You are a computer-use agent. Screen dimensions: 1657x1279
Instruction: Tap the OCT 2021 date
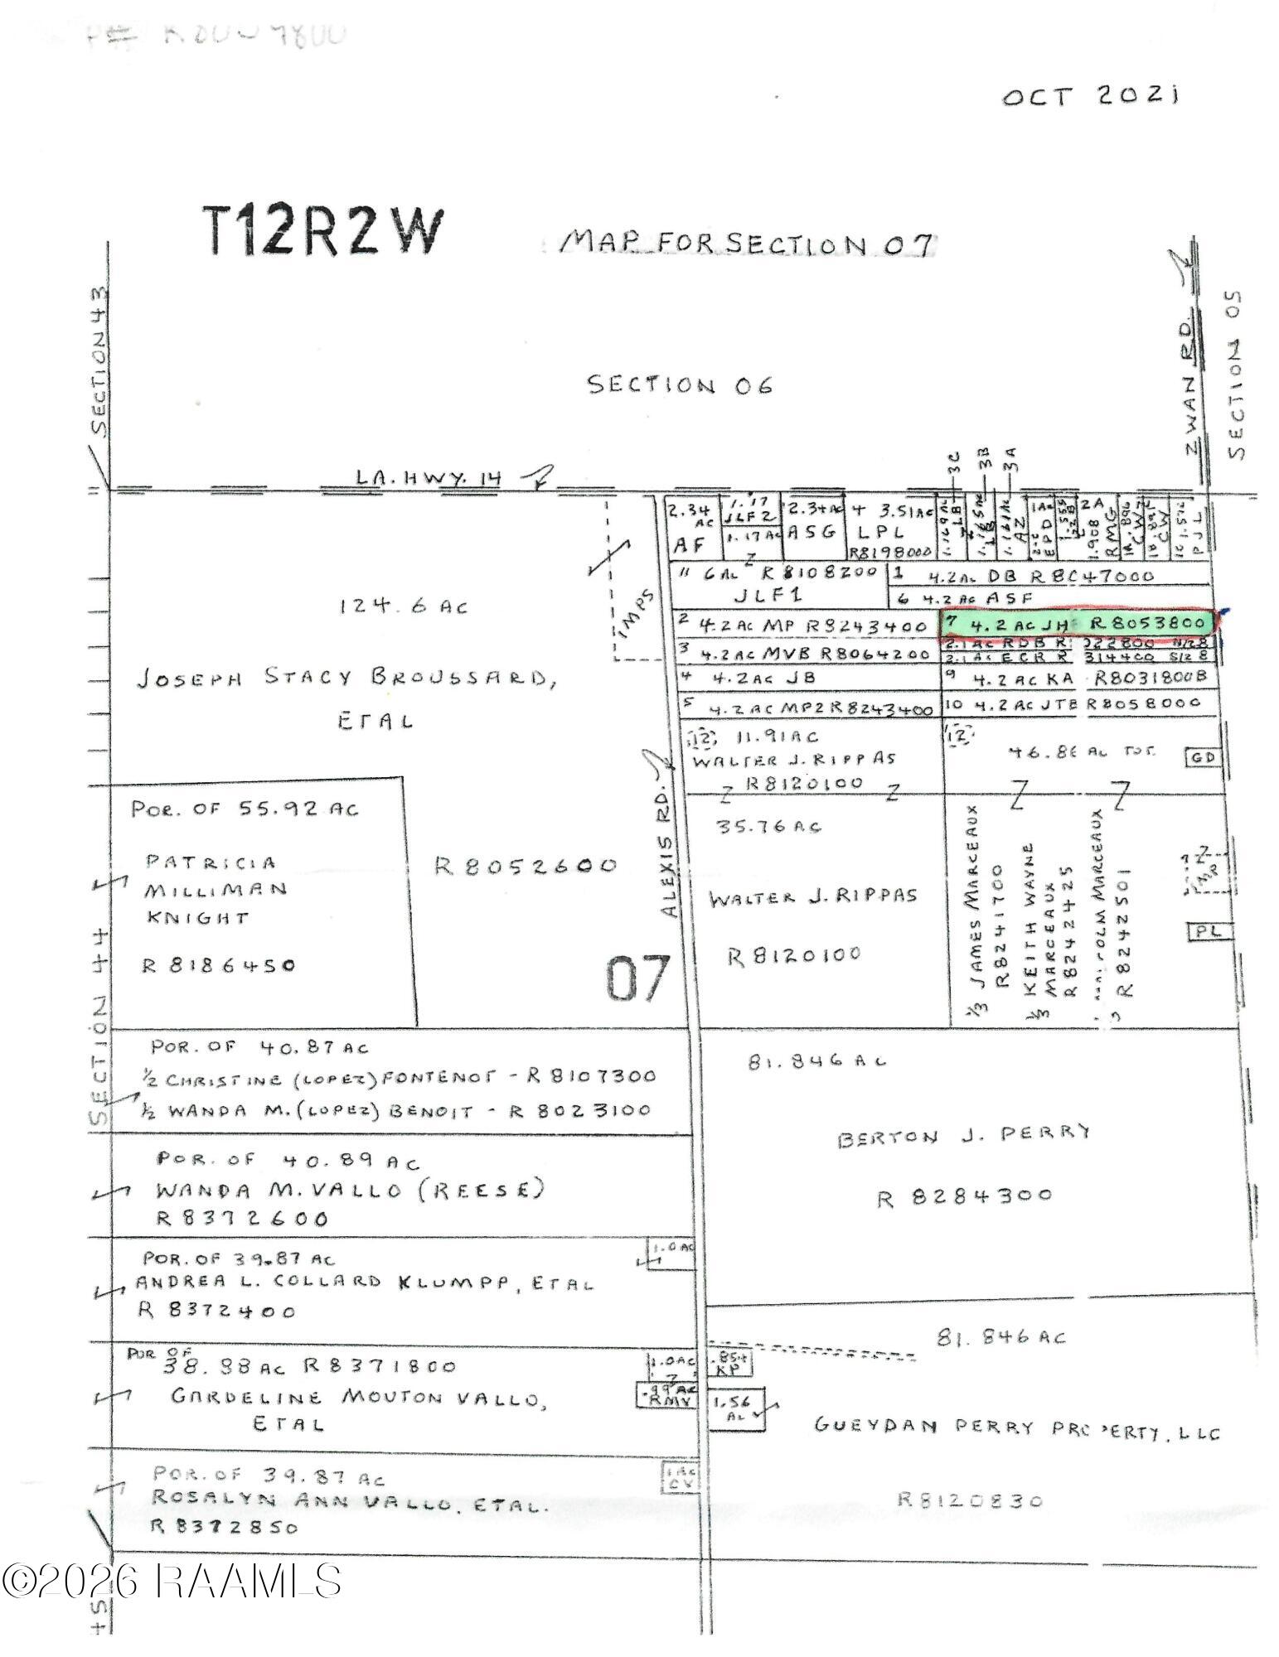(x=1091, y=95)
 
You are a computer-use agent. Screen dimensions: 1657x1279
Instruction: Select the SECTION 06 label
(x=680, y=385)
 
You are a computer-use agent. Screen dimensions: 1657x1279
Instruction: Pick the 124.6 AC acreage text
(x=403, y=606)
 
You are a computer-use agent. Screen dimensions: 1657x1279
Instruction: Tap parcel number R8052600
(x=526, y=866)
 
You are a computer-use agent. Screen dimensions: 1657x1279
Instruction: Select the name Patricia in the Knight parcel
(x=211, y=862)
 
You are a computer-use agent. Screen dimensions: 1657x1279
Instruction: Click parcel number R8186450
(x=219, y=965)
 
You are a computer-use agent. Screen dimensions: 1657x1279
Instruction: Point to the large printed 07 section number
(x=637, y=978)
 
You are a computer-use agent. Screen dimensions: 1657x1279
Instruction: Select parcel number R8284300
(x=964, y=1196)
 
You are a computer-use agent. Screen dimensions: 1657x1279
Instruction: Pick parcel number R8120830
(x=970, y=1499)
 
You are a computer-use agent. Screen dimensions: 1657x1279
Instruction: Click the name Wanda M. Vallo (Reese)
(x=350, y=1190)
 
